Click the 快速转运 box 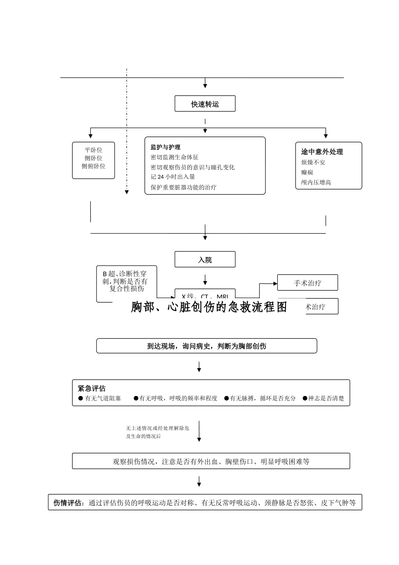pyautogui.click(x=205, y=104)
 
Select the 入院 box pyautogui.click(x=205, y=260)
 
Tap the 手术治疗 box pyautogui.click(x=307, y=283)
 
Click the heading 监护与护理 pyautogui.click(x=165, y=147)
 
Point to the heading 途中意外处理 pyautogui.click(x=322, y=152)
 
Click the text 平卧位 pyautogui.click(x=94, y=150)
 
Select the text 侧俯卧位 pyautogui.click(x=94, y=166)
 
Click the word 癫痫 pyautogui.click(x=307, y=172)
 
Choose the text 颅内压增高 pyautogui.click(x=316, y=182)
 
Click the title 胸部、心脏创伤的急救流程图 pyautogui.click(x=209, y=307)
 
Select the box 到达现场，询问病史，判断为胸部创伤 pyautogui.click(x=207, y=346)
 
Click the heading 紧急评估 pyautogui.click(x=92, y=388)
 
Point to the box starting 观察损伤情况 pyautogui.click(x=211, y=461)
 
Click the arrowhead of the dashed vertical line pyautogui.click(x=126, y=193)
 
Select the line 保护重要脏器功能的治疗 pyautogui.click(x=184, y=187)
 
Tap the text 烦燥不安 pyautogui.click(x=313, y=162)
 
